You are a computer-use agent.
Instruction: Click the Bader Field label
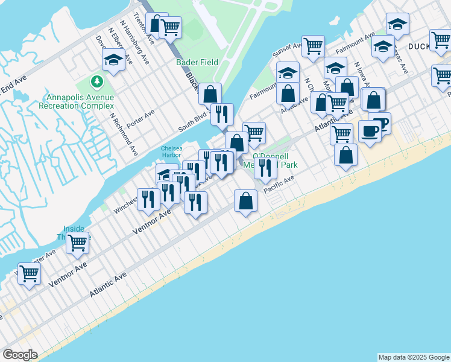(197, 62)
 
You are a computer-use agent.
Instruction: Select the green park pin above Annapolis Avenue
(96, 81)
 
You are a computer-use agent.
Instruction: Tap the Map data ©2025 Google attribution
(413, 357)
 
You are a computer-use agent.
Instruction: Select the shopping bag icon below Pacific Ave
(246, 201)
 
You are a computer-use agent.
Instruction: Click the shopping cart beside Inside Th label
(77, 243)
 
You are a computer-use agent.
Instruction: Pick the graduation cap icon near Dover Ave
(113, 59)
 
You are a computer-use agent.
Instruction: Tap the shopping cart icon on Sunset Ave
(313, 46)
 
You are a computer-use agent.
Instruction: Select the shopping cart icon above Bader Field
(171, 27)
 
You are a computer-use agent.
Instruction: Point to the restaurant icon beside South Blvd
(222, 113)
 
